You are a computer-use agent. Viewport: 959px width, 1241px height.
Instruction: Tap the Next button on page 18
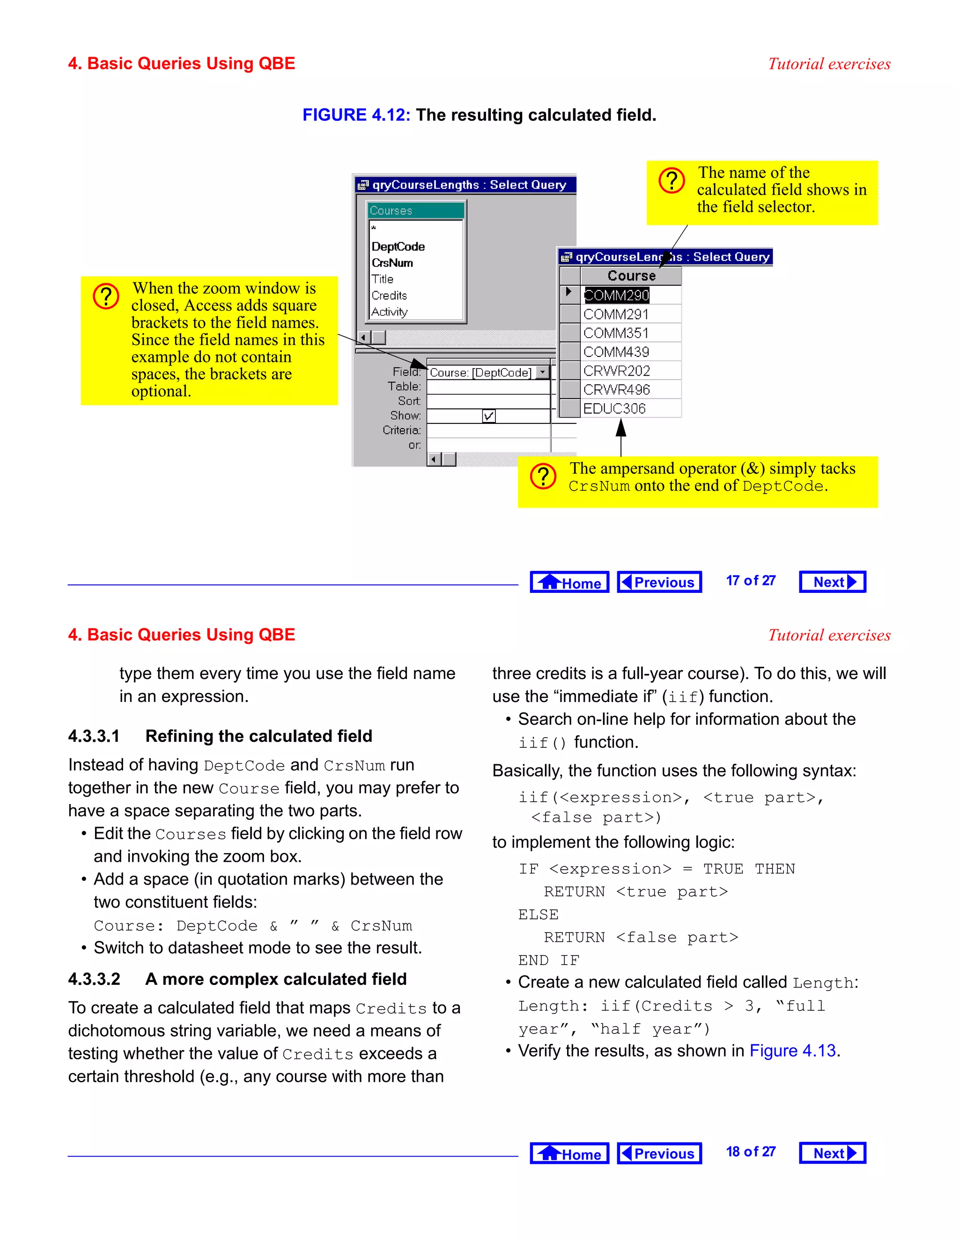point(832,1153)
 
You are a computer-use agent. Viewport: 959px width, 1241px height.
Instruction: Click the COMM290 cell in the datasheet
point(616,295)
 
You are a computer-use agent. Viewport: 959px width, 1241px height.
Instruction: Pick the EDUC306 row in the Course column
point(615,408)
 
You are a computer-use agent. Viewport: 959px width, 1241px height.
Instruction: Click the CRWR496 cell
point(616,390)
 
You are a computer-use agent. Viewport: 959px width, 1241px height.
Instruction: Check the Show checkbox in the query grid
point(488,416)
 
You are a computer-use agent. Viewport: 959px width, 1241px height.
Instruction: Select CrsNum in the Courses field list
point(392,263)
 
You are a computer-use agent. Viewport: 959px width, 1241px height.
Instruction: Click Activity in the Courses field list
point(390,312)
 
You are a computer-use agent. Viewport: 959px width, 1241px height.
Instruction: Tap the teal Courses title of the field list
point(415,211)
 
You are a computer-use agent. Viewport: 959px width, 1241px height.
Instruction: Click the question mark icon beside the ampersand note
point(543,476)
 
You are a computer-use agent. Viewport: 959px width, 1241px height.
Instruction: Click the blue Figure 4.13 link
point(793,1051)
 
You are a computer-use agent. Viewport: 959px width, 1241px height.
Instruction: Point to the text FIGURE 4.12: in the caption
point(356,115)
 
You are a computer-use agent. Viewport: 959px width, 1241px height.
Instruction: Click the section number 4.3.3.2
point(94,979)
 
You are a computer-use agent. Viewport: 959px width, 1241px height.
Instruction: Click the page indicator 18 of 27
point(751,1152)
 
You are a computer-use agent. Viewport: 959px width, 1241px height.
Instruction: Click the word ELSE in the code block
point(538,915)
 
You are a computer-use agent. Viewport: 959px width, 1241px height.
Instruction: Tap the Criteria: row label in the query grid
point(402,430)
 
